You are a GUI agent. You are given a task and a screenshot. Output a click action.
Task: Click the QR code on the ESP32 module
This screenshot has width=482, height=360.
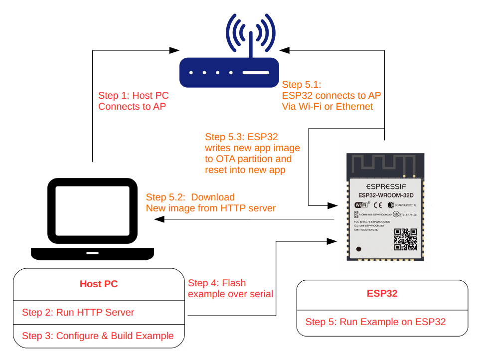pos(405,239)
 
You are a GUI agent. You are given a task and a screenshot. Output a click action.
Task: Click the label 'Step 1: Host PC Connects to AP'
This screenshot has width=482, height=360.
pos(133,101)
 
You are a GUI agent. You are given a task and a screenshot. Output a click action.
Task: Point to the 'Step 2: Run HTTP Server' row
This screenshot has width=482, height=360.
pos(78,313)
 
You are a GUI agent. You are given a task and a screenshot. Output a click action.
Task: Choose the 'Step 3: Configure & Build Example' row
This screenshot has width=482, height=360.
pos(98,336)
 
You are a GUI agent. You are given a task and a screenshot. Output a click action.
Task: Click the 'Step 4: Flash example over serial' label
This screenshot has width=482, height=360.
pos(230,288)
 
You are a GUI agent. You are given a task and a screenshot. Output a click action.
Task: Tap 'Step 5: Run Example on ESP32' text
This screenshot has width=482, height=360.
pos(375,322)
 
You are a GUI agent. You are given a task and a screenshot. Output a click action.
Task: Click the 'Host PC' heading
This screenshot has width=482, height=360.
pos(99,284)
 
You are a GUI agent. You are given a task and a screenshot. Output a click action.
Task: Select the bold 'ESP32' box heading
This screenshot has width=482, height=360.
pos(382,293)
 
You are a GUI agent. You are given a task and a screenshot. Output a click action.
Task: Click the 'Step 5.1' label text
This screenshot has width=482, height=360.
pos(302,84)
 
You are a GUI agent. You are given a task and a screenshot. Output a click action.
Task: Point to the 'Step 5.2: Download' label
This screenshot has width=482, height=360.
pos(189,197)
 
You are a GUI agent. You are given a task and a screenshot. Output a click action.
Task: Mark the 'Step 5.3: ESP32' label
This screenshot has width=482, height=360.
pos(241,137)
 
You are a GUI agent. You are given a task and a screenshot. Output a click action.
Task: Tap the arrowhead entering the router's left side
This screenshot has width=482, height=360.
pos(174,50)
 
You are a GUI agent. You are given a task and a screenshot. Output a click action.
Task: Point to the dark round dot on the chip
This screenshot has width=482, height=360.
pos(358,248)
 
